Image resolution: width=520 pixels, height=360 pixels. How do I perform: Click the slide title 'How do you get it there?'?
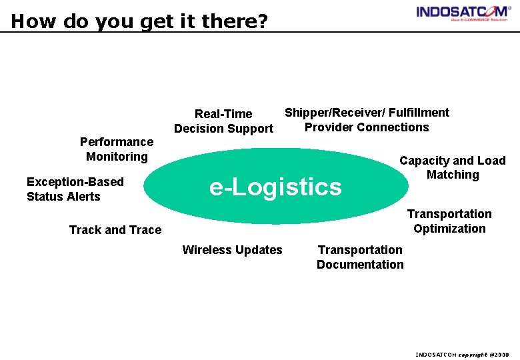point(139,21)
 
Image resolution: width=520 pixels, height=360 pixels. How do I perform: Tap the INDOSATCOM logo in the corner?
point(463,13)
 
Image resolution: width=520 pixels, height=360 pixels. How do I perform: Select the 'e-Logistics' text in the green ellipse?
point(275,187)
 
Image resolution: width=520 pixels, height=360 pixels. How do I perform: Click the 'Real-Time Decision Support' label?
point(223,121)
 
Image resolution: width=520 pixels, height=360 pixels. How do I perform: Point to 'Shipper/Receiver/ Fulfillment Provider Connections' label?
point(367,120)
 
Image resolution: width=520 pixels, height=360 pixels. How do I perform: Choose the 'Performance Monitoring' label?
point(117,149)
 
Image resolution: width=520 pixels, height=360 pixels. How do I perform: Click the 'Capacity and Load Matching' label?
point(453,167)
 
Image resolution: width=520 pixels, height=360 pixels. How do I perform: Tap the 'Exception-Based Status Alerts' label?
point(75,189)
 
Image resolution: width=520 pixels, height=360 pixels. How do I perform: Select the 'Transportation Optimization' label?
point(449,221)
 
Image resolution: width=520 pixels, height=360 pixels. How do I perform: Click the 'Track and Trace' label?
point(115,230)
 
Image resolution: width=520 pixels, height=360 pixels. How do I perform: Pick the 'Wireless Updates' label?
point(232,250)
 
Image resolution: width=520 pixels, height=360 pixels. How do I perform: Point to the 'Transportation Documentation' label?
point(360,257)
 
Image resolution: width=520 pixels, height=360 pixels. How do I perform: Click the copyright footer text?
point(462,355)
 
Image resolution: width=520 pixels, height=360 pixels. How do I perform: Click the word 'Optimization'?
point(449,229)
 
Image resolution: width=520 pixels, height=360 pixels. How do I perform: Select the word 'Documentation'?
point(360,265)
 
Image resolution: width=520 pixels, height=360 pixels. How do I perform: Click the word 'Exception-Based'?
point(75,182)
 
